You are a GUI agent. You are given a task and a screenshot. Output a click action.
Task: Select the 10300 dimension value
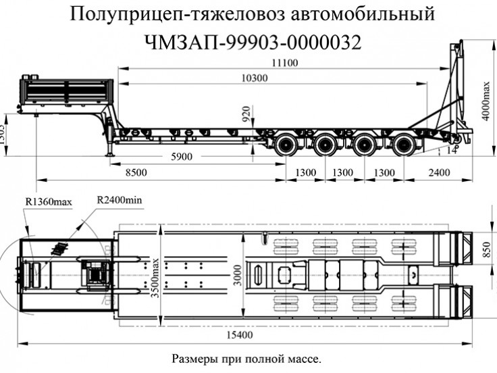(254, 78)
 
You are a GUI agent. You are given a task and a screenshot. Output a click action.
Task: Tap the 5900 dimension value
(181, 157)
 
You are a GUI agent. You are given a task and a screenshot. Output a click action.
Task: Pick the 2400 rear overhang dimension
(438, 173)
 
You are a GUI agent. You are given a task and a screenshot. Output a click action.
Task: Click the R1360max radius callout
(48, 201)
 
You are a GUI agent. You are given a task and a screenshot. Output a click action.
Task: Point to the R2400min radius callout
(120, 200)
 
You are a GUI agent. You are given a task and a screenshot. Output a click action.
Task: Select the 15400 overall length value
(241, 335)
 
